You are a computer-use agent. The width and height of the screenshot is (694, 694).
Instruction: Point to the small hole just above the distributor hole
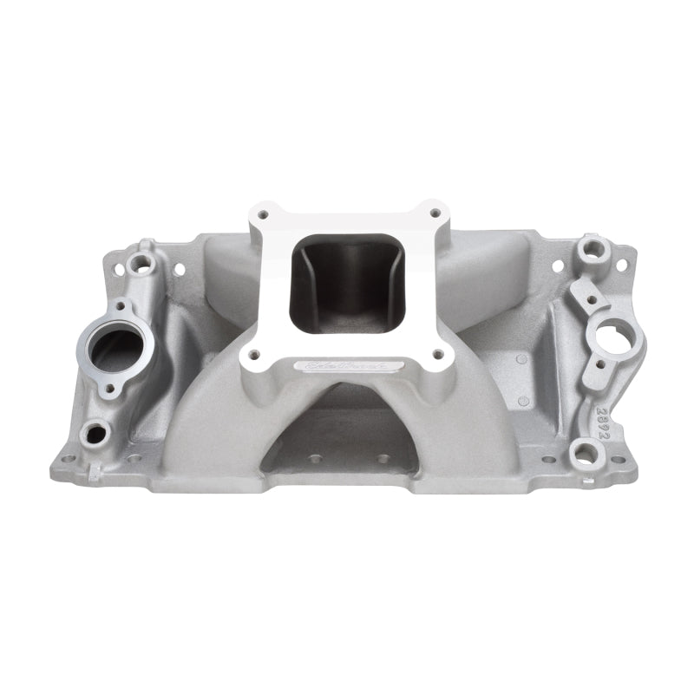591,300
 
